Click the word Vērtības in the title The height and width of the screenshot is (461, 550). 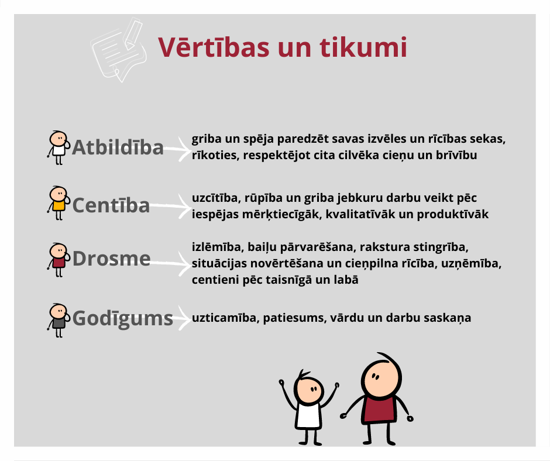point(214,47)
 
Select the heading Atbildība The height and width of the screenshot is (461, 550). point(118,147)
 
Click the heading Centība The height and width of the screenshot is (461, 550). point(111,205)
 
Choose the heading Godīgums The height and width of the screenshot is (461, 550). point(123,319)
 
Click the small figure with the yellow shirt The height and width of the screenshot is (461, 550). point(59,203)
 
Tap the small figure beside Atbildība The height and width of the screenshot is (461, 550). point(59,147)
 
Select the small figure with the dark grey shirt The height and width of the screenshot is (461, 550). point(59,321)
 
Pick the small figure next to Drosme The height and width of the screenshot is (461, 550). point(59,260)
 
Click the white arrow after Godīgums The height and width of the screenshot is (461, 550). point(182,318)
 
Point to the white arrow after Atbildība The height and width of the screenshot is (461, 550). point(177,149)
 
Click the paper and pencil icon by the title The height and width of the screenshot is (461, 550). point(119,50)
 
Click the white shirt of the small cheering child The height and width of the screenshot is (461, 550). point(309,415)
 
